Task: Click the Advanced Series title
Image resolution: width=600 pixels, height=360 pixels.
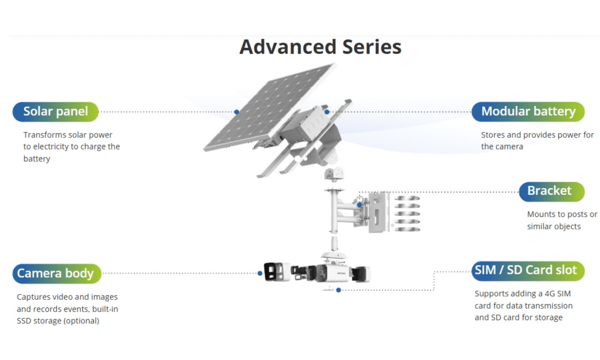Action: click(x=320, y=47)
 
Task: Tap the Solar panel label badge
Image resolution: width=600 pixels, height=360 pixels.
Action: click(x=55, y=112)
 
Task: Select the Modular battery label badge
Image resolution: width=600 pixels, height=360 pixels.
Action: click(x=528, y=112)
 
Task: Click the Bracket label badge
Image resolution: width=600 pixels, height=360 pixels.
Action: click(x=551, y=191)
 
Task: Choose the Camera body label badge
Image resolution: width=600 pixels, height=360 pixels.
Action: click(x=57, y=273)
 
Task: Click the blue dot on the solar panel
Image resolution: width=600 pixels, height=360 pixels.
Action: click(x=237, y=112)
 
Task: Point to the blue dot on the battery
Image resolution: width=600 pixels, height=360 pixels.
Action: click(x=327, y=112)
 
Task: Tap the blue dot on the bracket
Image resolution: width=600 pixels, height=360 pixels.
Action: click(x=360, y=205)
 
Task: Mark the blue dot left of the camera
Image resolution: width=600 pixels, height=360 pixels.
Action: click(x=260, y=273)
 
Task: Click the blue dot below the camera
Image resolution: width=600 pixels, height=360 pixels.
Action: click(x=339, y=290)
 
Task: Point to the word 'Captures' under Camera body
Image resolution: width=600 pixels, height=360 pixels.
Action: click(x=33, y=297)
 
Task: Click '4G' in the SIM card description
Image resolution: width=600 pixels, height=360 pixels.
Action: click(x=550, y=294)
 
